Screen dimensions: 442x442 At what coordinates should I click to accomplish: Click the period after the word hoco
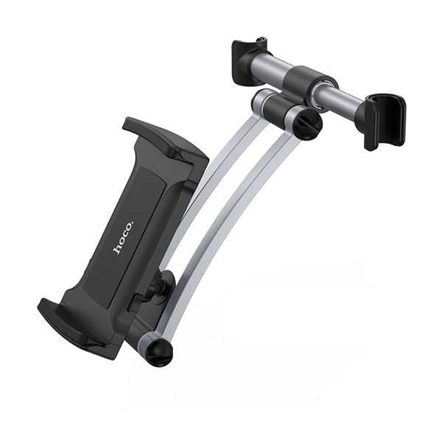coord(133,220)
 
